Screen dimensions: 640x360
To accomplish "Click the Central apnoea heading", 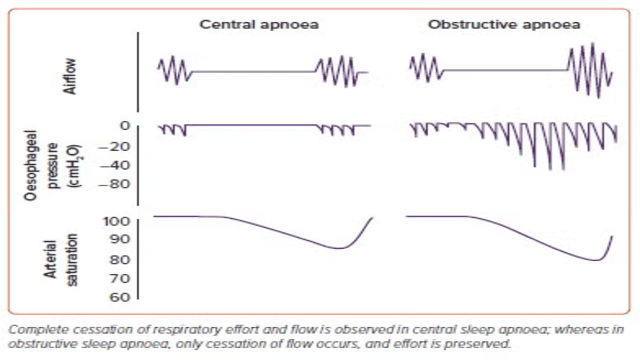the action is tap(259, 24).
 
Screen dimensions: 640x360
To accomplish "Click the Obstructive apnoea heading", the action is tap(504, 24).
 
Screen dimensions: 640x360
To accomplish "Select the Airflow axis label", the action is tap(70, 76).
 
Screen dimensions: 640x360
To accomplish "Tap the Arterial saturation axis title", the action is tap(60, 259).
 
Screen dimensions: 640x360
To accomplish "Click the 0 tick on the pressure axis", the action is tap(125, 126).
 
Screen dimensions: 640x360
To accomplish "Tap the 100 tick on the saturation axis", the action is tap(117, 222).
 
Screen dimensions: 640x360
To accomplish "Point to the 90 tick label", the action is tap(120, 239).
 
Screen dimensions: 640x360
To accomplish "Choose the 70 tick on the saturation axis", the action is tap(120, 279).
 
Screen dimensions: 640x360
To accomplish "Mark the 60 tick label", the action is tap(120, 297).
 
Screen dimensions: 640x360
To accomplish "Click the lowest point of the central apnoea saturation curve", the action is tap(340, 248).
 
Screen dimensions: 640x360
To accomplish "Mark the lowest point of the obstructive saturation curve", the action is tap(596, 260).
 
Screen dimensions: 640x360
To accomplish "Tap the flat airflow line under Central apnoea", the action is tap(253, 72).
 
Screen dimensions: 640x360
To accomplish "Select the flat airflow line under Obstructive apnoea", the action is tap(505, 70).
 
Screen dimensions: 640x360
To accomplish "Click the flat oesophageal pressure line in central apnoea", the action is tap(251, 125).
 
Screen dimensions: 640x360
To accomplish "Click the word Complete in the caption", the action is tap(29, 330).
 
